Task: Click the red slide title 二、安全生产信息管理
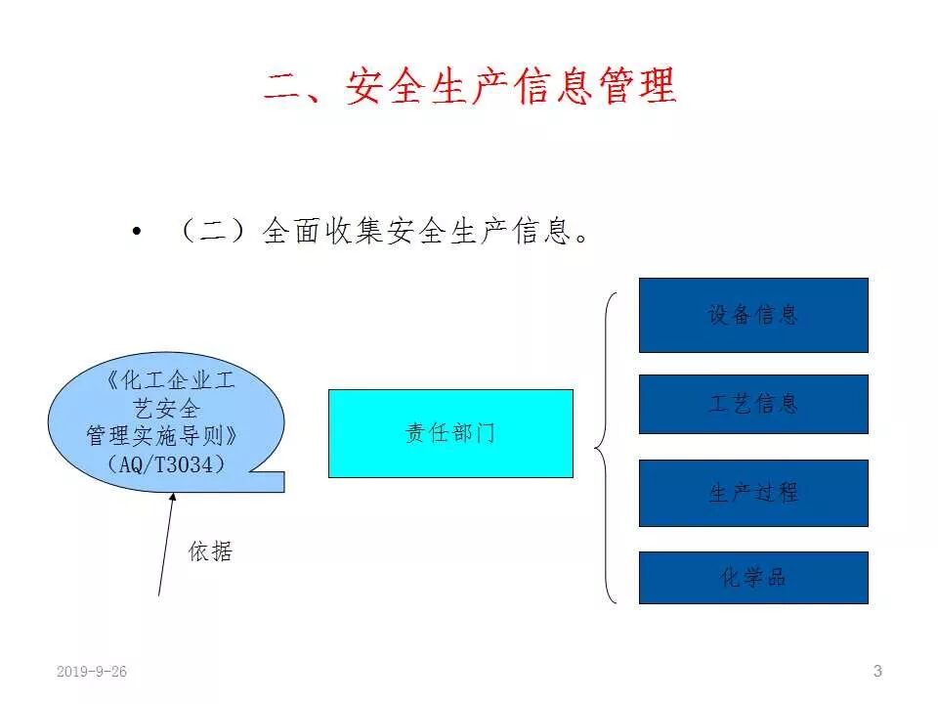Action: pyautogui.click(x=469, y=87)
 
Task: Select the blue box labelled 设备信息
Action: pyautogui.click(x=753, y=315)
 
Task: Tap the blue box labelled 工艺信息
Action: pyautogui.click(x=753, y=404)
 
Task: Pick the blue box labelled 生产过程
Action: pyautogui.click(x=753, y=493)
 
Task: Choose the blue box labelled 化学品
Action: pyautogui.click(x=753, y=577)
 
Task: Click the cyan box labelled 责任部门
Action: pyautogui.click(x=450, y=433)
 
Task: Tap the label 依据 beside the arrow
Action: pyautogui.click(x=210, y=551)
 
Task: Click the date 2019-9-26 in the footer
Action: pyautogui.click(x=92, y=672)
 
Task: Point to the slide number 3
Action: pyautogui.click(x=877, y=671)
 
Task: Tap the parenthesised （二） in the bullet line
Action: pyautogui.click(x=213, y=232)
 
